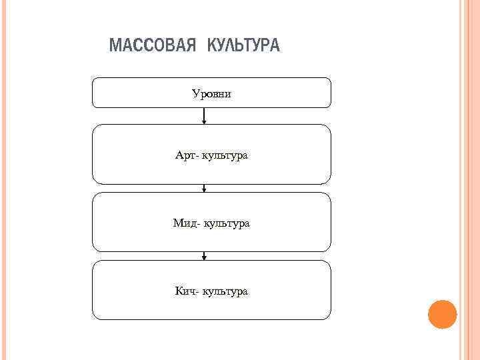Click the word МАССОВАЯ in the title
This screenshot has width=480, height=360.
coord(152,46)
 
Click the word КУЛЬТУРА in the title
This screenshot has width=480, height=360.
coord(244,46)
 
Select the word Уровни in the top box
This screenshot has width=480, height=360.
coord(211,93)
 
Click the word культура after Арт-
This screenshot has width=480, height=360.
coord(225,156)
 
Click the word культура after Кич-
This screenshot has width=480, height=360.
coord(225,292)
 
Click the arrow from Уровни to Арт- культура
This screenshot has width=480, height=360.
coord(204,116)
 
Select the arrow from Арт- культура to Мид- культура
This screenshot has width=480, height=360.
coord(204,188)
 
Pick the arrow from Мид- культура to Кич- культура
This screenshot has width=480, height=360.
coord(204,256)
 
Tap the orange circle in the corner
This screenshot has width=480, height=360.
coord(442,314)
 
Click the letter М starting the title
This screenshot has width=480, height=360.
coord(114,46)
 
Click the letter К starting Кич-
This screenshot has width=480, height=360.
coord(178,291)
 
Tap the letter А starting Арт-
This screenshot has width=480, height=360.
coord(179,155)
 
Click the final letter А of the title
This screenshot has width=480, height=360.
coord(275,46)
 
